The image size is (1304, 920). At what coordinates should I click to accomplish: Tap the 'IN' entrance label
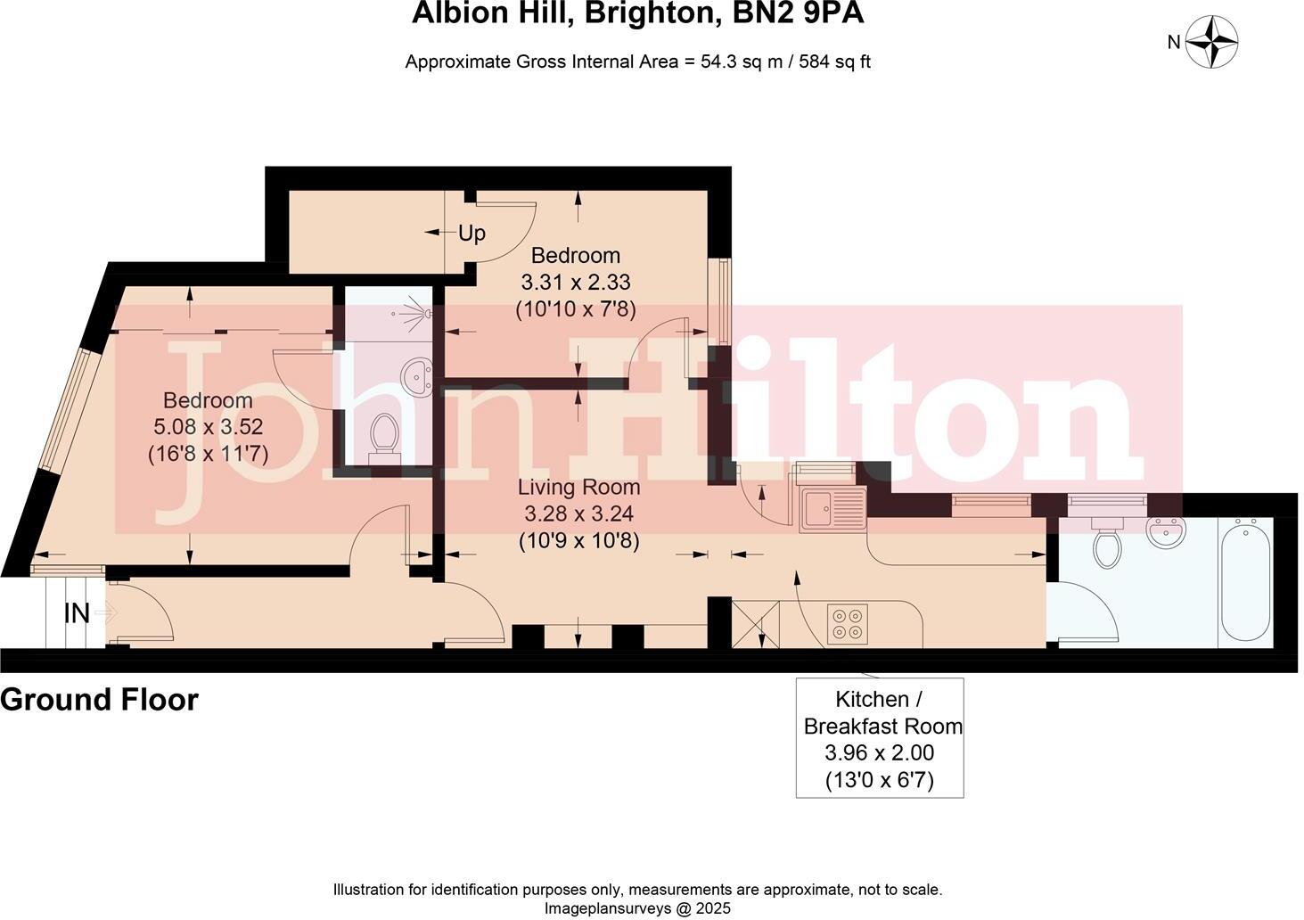click(x=78, y=613)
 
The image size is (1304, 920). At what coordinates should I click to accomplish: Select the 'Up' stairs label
click(x=472, y=234)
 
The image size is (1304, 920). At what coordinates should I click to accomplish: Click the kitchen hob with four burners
click(x=847, y=624)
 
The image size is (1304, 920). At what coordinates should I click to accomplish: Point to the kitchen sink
click(x=832, y=510)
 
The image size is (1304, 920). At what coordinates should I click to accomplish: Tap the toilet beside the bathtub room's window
click(x=1108, y=548)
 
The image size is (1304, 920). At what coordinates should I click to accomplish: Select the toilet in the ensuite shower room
click(x=385, y=436)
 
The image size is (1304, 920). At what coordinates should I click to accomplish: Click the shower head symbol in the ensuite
click(x=421, y=313)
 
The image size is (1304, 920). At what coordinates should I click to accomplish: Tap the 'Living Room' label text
click(x=579, y=488)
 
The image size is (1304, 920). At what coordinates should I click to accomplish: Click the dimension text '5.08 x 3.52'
click(x=208, y=427)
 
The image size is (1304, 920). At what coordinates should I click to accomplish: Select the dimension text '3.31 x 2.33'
click(x=575, y=283)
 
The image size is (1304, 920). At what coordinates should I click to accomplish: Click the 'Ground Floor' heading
click(x=99, y=700)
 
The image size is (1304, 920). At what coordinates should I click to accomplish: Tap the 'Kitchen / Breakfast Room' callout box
click(x=879, y=738)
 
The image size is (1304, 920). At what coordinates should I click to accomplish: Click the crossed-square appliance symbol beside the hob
click(x=755, y=624)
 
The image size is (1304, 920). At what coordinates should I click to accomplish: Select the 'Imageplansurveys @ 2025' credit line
click(x=637, y=908)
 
